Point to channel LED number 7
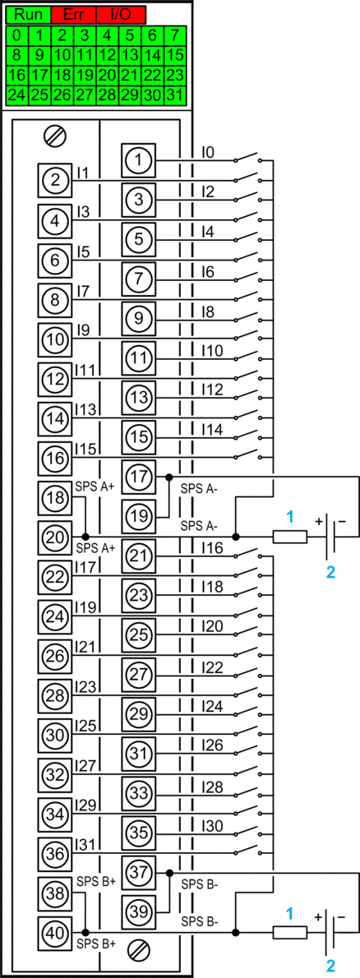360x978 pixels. (175, 35)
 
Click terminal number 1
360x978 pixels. (139, 160)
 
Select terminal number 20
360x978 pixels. (55, 537)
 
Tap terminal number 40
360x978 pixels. (55, 933)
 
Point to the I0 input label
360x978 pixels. (208, 152)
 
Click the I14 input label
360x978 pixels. (212, 430)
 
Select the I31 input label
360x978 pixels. (84, 844)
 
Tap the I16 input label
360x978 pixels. (212, 548)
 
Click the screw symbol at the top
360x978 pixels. (56, 135)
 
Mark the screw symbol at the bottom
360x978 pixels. (139, 950)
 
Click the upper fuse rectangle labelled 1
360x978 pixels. (290, 537)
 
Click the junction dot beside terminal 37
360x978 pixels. (169, 873)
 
